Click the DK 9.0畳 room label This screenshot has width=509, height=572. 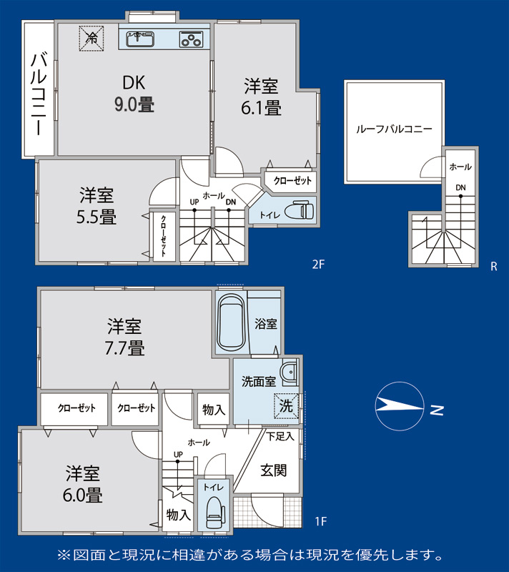(134, 94)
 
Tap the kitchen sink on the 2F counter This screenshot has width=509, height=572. (140, 39)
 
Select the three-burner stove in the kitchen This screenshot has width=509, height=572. (191, 39)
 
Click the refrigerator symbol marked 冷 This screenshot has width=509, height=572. (92, 38)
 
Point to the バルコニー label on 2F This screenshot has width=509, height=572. (39, 94)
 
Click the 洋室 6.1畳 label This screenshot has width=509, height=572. (261, 97)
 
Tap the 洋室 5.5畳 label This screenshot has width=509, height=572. (97, 206)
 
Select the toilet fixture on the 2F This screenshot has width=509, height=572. (299, 210)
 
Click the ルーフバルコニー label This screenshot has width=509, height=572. (394, 129)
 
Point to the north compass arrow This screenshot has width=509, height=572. (400, 406)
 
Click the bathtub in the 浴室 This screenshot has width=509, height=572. (231, 323)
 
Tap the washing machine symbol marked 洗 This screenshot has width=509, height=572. (287, 405)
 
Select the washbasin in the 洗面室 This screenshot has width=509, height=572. (289, 372)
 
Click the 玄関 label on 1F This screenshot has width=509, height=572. (273, 470)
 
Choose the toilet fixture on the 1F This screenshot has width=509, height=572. (214, 513)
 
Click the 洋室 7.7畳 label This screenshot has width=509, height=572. (124, 337)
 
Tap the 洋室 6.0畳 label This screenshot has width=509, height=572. (83, 484)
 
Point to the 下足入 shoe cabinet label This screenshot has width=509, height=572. (280, 436)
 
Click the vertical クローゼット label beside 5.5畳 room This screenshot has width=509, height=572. (163, 236)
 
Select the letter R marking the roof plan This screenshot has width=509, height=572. (494, 267)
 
